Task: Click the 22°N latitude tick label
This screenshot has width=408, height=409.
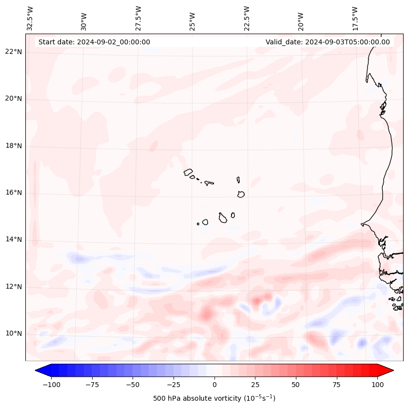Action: (x=13, y=52)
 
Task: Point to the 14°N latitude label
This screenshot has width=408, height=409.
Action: (x=13, y=239)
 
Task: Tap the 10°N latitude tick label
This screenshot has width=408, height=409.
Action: (x=13, y=334)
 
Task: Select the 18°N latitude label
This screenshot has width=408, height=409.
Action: (x=13, y=146)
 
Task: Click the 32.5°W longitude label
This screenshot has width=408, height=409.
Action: (x=30, y=19)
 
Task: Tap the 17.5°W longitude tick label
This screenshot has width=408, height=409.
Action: (x=355, y=19)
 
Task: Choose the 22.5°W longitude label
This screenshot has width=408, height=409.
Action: (x=247, y=19)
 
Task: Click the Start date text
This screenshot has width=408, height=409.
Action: (x=94, y=42)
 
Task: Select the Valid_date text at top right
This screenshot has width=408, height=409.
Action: (x=328, y=42)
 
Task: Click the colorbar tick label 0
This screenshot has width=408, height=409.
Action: (x=214, y=385)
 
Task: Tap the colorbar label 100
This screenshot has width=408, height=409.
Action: (x=378, y=385)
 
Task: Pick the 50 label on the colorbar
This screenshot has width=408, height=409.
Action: (x=296, y=385)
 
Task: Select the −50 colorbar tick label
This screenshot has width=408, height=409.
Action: (x=133, y=385)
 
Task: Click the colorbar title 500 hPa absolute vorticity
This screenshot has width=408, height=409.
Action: (x=214, y=398)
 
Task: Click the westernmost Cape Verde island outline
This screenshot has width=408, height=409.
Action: (x=188, y=172)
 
